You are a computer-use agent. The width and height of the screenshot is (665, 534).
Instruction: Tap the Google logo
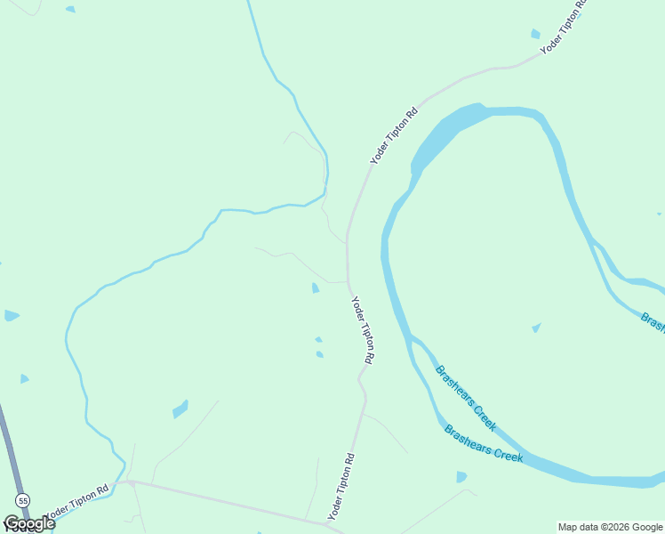tap(28, 523)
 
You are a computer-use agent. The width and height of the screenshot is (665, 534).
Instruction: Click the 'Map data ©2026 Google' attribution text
tap(610, 527)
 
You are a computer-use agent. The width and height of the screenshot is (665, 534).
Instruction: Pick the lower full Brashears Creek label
tap(483, 442)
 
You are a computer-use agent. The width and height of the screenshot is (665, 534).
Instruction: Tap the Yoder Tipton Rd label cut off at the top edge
tap(564, 27)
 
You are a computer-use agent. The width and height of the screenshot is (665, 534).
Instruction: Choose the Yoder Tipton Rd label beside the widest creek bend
tap(394, 136)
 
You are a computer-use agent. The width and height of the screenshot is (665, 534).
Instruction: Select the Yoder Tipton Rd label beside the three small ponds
tap(363, 330)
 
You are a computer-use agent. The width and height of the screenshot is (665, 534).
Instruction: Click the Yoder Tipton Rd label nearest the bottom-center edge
tap(341, 487)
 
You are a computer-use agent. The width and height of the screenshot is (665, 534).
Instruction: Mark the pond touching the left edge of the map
tap(11, 315)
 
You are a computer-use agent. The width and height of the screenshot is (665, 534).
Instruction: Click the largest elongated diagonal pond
tap(180, 409)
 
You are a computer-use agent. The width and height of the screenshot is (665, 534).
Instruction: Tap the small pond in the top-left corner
tap(70, 10)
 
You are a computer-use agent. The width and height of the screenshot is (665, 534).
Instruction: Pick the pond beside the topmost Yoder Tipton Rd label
tap(535, 34)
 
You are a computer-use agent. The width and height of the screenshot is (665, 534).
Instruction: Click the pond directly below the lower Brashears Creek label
tap(461, 477)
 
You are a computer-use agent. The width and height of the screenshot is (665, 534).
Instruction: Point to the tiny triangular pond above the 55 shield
tap(24, 378)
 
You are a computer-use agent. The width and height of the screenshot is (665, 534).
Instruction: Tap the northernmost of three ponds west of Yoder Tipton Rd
tap(316, 287)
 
